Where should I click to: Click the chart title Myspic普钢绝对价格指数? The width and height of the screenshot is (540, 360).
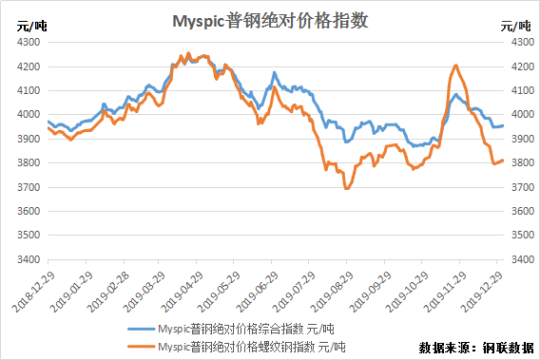click(270, 21)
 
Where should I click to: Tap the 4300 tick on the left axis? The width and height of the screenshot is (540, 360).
click(29, 42)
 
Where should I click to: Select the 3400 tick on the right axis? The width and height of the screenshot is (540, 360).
click(523, 259)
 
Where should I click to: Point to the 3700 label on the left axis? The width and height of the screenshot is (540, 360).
click(29, 187)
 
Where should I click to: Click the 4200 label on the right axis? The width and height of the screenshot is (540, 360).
click(523, 66)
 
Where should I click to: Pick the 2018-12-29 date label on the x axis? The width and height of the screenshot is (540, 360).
click(33, 292)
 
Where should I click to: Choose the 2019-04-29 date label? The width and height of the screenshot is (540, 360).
click(183, 292)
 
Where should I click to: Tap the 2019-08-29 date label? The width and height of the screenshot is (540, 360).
click(332, 292)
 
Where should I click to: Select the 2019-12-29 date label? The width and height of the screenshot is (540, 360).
click(482, 292)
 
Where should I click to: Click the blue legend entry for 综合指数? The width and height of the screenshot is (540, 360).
click(231, 329)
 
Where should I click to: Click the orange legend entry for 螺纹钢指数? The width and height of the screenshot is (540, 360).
click(236, 347)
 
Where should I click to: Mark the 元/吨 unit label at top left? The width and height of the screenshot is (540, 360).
click(31, 27)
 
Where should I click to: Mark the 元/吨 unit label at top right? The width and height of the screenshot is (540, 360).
click(515, 27)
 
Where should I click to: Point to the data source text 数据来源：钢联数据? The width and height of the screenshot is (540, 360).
click(476, 348)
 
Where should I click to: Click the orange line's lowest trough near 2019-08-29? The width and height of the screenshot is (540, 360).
click(346, 188)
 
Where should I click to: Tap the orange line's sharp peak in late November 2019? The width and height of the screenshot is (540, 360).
click(456, 65)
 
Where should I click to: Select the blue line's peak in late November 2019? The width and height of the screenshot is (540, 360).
click(456, 94)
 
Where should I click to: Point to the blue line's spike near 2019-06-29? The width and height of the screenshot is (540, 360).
click(275, 72)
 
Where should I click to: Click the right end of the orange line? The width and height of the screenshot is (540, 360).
click(503, 160)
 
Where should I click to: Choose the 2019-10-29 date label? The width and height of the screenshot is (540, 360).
click(407, 292)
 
